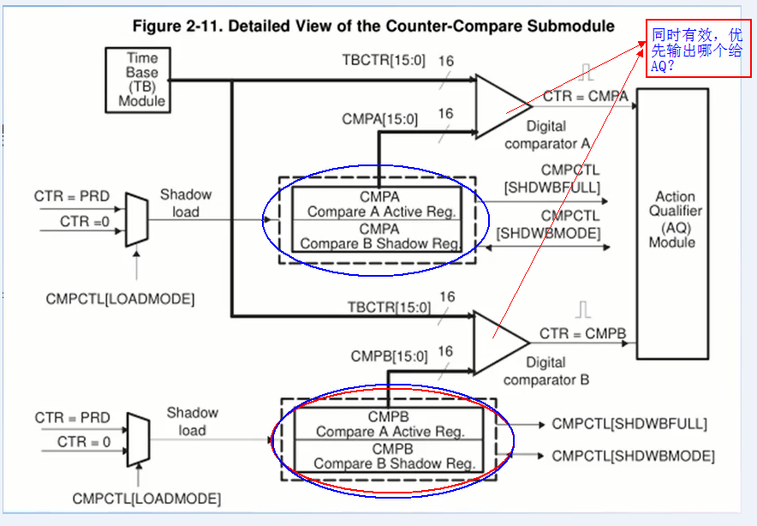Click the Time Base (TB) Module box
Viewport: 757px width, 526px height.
click(141, 80)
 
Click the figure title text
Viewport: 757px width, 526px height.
click(373, 26)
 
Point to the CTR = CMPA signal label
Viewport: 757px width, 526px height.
click(585, 98)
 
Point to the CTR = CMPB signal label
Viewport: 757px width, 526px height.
click(581, 333)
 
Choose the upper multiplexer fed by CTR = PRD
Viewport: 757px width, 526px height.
click(136, 219)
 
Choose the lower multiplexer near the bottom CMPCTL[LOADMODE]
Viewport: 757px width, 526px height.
click(137, 439)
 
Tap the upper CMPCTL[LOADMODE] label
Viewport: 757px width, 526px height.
click(120, 299)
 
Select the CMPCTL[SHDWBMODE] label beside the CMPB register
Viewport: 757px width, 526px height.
click(633, 456)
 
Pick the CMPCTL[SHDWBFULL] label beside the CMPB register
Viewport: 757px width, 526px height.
click(629, 423)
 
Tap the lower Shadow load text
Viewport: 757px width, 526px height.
click(192, 421)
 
